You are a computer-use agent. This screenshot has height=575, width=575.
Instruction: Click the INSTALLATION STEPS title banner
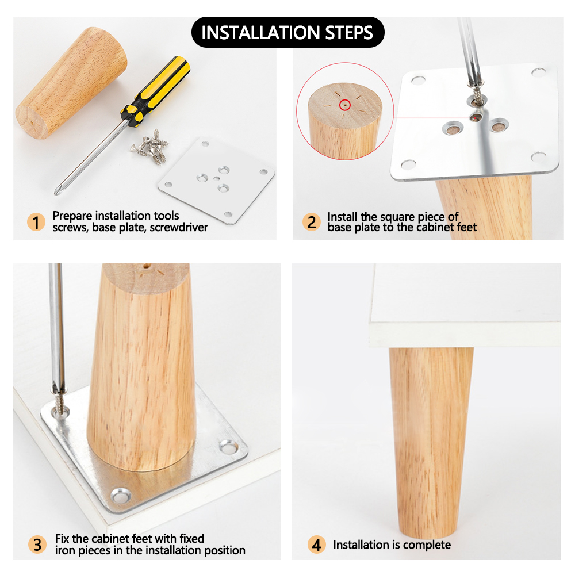pyautogui.click(x=287, y=32)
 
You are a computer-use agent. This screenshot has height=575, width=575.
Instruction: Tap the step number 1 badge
pyautogui.click(x=36, y=222)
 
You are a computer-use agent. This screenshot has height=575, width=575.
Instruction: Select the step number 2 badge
pyautogui.click(x=311, y=222)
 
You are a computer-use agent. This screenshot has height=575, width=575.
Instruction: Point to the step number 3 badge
pyautogui.click(x=37, y=545)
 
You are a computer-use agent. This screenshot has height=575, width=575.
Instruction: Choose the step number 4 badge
pyautogui.click(x=316, y=545)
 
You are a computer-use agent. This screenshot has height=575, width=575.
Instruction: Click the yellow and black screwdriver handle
pyautogui.click(x=156, y=91)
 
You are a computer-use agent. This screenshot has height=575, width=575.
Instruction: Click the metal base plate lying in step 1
pyautogui.click(x=216, y=181)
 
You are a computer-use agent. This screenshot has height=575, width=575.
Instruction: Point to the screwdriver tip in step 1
pyautogui.click(x=56, y=192)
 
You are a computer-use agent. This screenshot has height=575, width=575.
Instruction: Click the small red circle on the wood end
pyautogui.click(x=344, y=105)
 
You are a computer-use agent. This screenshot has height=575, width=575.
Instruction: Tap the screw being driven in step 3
pyautogui.click(x=59, y=404)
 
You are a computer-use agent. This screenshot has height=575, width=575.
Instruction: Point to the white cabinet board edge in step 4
pyautogui.click(x=464, y=335)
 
